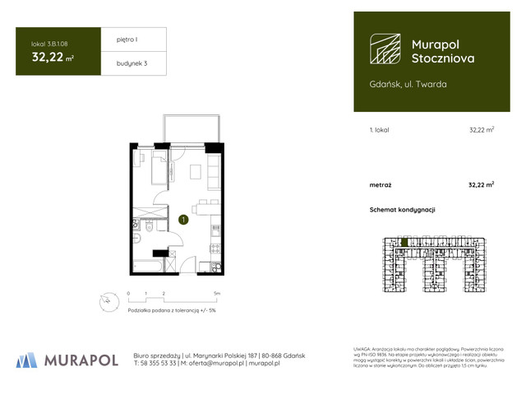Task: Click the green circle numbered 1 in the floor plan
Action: pos(182,220)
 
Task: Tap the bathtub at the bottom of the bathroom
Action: pos(149,266)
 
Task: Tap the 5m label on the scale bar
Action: pos(217,293)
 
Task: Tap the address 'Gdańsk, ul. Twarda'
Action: pos(408,84)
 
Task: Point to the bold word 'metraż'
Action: pos(381,185)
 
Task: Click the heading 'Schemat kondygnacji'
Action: pos(402,210)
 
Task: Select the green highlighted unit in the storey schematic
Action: pos(404,243)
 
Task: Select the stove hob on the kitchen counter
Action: pos(215,247)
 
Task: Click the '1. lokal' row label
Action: pos(381,130)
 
